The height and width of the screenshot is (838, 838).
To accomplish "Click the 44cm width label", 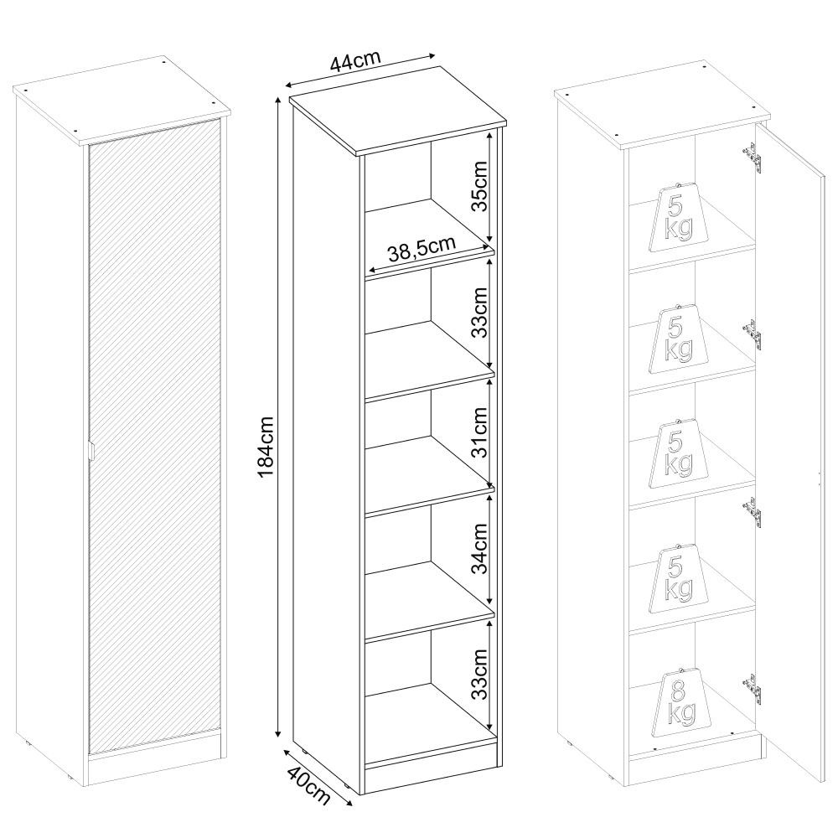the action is pos(354,61).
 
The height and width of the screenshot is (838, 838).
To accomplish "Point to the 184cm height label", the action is pos(265,447).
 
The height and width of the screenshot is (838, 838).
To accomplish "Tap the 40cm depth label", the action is pos(308,785).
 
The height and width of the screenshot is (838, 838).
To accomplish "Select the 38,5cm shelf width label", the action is pos(422,250).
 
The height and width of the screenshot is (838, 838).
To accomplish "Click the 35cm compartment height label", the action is pos(480,186).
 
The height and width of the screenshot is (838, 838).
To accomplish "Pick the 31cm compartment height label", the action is pos(480,432).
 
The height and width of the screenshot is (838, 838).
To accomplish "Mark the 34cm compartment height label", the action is pos(480,548).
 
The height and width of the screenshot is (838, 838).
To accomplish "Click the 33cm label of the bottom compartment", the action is pos(480,674).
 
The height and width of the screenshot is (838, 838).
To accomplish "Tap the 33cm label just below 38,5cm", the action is pos(480,312).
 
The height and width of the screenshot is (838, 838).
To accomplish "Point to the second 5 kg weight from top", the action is pos(679,339).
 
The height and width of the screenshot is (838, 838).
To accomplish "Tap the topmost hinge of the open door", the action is pos(753,158).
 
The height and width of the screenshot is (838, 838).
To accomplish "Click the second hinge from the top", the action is pos(753,335).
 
